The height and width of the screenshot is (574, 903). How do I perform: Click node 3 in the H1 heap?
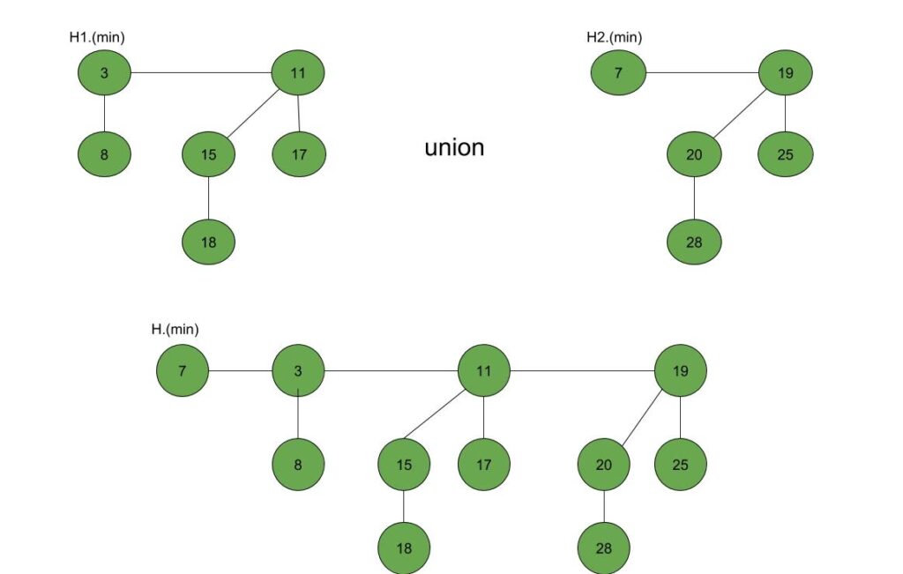(x=104, y=72)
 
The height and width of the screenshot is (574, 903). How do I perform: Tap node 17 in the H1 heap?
(x=299, y=154)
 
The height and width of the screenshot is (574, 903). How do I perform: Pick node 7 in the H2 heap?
(x=618, y=72)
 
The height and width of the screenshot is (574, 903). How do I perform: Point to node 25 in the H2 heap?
(x=785, y=154)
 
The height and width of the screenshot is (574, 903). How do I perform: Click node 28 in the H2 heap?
(x=694, y=241)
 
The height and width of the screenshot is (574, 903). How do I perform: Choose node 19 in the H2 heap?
(x=785, y=72)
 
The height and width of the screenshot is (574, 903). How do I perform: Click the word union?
(x=454, y=147)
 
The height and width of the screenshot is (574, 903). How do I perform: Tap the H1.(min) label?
(x=102, y=37)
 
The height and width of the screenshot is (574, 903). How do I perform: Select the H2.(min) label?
(x=614, y=37)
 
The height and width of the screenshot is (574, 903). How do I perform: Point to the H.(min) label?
(x=175, y=329)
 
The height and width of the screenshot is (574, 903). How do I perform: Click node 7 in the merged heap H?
(x=183, y=371)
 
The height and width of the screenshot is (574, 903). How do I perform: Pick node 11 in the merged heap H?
(x=484, y=371)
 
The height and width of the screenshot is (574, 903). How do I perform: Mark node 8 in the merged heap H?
(x=298, y=463)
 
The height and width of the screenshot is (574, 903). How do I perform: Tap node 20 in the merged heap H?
(x=604, y=463)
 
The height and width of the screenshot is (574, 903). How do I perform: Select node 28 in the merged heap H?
(x=604, y=548)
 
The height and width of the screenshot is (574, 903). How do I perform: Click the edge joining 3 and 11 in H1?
(x=201, y=72)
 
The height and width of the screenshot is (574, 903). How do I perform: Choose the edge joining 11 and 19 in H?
(x=582, y=371)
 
